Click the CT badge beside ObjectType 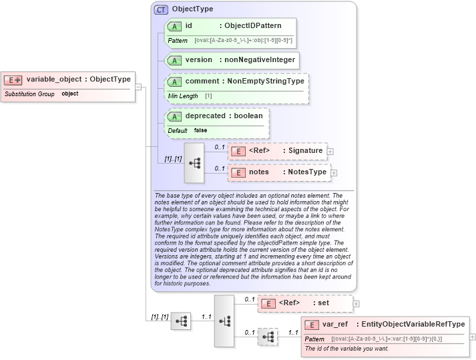(x=161, y=10)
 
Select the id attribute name (x=189, y=26)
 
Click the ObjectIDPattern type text (x=255, y=26)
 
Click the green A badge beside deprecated (x=175, y=116)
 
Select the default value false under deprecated (x=200, y=130)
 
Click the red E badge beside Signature (x=238, y=151)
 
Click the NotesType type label (x=307, y=172)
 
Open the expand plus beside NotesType (x=334, y=172)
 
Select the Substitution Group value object (x=70, y=94)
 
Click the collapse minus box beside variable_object (x=138, y=86)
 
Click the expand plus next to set (x=356, y=303)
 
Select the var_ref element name (x=335, y=325)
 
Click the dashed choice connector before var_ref (x=268, y=338)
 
